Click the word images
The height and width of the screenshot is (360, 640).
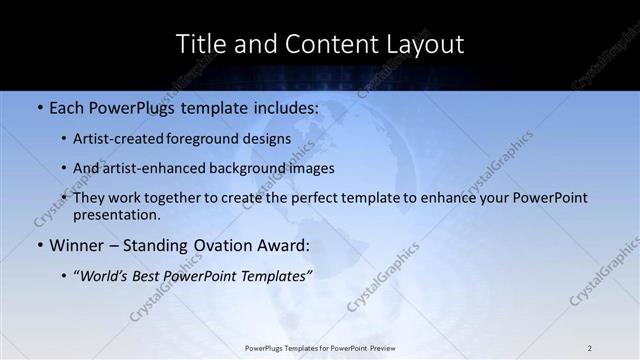pos(313,168)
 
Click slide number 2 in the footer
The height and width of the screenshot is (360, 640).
pos(590,348)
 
